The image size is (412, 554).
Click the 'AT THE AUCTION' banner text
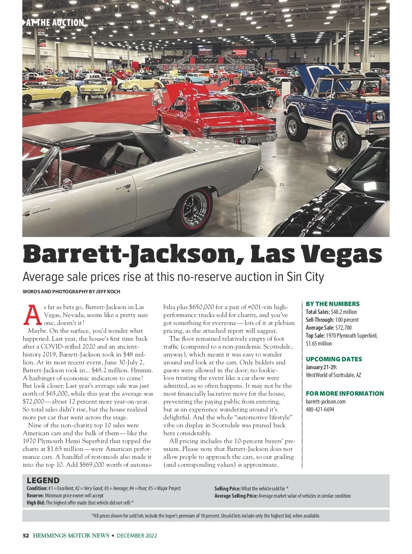(x=55, y=23)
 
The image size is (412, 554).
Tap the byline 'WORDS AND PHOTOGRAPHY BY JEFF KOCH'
(x=71, y=292)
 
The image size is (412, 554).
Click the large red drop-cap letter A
(x=33, y=315)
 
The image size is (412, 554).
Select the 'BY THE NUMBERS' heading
(x=332, y=304)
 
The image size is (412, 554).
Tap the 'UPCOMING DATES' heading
(x=334, y=359)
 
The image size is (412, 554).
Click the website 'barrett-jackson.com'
(x=325, y=402)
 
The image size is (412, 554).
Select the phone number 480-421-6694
(x=320, y=409)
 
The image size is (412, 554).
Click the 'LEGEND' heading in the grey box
(x=43, y=480)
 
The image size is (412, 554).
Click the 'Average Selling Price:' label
(x=236, y=496)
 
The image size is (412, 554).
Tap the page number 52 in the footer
(x=26, y=535)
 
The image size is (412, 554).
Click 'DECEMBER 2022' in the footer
(x=137, y=535)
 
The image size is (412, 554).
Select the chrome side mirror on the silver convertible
(x=67, y=184)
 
